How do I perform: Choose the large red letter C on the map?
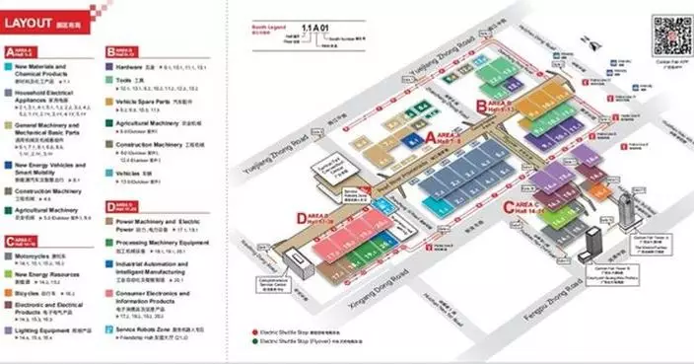coord(510,204)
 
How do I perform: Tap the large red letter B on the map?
coord(479,103)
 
